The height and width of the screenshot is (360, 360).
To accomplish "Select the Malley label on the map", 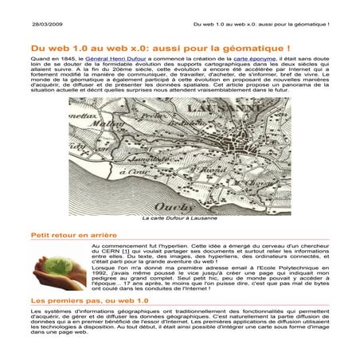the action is [x=100, y=143].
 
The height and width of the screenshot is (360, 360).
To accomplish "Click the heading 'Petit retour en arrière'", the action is [x=73, y=236].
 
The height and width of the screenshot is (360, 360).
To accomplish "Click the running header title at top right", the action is [x=260, y=26].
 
